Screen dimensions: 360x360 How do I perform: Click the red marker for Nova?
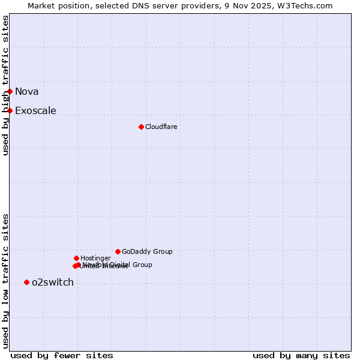(x=10, y=91)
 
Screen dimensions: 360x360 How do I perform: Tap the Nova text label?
(x=27, y=92)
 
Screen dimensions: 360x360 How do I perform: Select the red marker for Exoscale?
(x=10, y=110)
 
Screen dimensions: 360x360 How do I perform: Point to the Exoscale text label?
(x=35, y=111)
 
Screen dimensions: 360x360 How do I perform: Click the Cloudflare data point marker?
(x=141, y=127)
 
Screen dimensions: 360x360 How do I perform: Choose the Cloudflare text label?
(x=161, y=127)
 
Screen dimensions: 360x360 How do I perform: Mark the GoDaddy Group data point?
(x=118, y=251)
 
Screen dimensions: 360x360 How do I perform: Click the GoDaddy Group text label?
(x=147, y=252)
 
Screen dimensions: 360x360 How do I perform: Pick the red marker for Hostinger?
(x=76, y=258)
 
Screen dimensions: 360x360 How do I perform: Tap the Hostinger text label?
(x=95, y=259)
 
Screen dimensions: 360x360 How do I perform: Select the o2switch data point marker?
(x=26, y=282)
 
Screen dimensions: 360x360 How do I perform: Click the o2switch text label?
(x=53, y=283)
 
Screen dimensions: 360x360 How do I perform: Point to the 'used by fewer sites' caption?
(x=62, y=356)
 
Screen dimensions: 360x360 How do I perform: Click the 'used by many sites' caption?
(x=301, y=356)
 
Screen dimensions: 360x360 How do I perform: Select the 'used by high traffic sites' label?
(x=6, y=86)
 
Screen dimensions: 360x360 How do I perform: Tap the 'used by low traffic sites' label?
(x=6, y=281)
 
